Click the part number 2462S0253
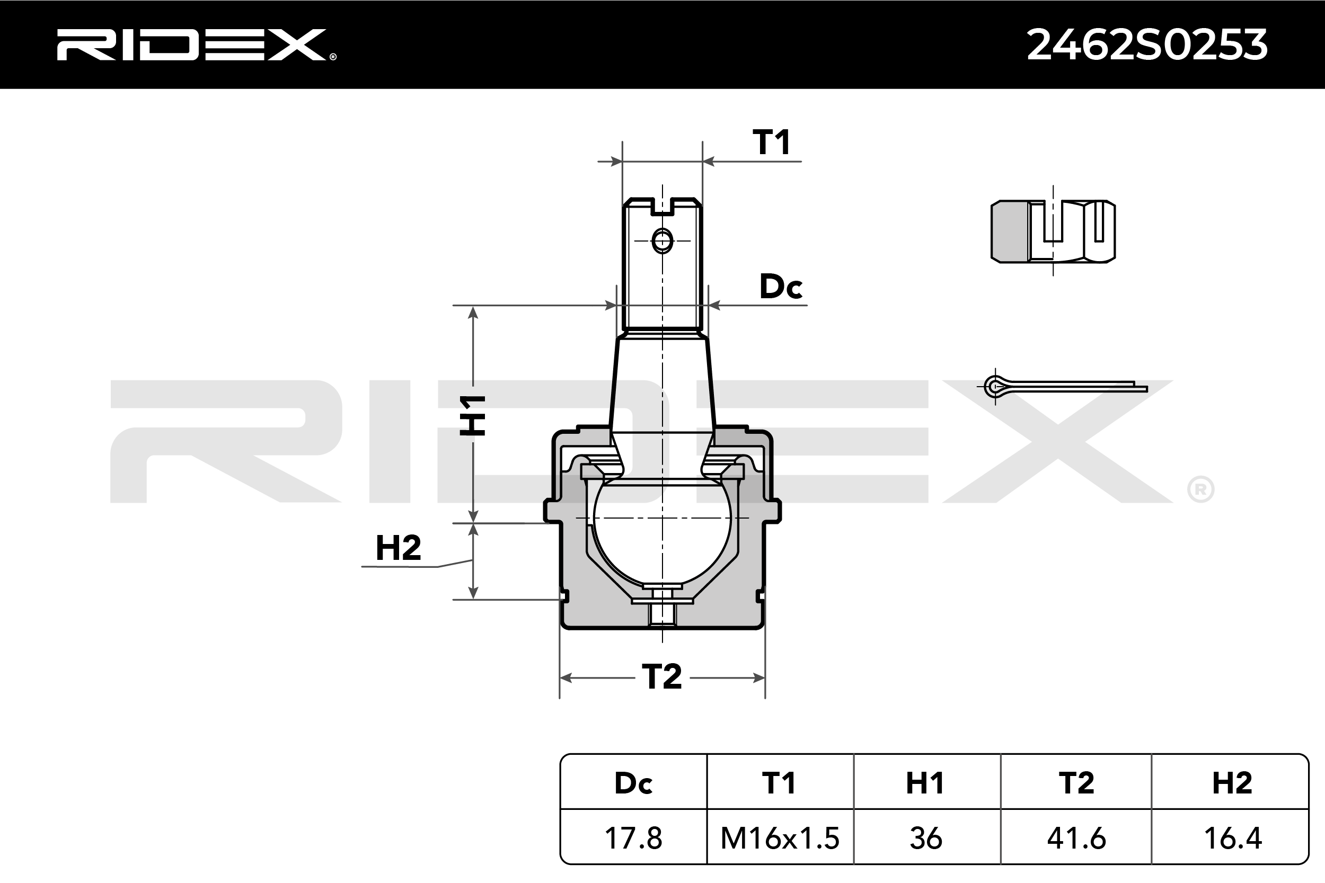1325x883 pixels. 1147,45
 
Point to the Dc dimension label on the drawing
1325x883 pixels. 780,286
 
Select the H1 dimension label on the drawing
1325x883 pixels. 472,416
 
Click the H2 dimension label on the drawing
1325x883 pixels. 398,547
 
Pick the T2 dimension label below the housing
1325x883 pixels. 662,676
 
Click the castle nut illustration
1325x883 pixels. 1053,231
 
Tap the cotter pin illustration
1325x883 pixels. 1065,386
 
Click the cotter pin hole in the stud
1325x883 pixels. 662,241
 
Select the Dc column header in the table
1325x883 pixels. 633,783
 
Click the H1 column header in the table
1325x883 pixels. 925,783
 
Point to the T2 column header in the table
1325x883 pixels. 1076,783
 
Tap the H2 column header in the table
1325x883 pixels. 1232,783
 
